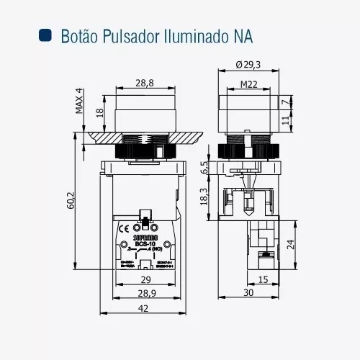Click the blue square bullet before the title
45,35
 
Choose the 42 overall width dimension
144,309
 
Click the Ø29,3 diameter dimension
248,65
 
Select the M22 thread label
248,84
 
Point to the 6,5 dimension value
205,168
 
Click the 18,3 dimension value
205,196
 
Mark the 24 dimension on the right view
291,243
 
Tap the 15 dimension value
263,279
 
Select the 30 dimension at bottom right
248,294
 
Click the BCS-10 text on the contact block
145,244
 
